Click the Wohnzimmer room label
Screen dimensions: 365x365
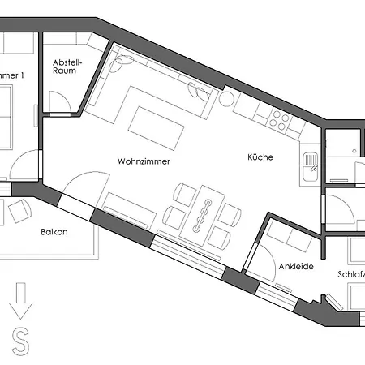(144, 161)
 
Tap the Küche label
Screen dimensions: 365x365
(260, 157)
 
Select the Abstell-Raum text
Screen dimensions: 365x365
(67, 67)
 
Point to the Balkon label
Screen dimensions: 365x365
(54, 232)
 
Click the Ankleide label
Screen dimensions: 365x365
(296, 267)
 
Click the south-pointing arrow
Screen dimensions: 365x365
(20, 301)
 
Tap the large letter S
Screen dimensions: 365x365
(21, 341)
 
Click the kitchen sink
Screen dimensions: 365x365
(310, 166)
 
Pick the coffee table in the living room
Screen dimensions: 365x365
(156, 128)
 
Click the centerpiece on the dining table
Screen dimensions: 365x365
(202, 216)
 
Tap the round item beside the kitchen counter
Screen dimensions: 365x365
(226, 99)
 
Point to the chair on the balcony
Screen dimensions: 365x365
(20, 211)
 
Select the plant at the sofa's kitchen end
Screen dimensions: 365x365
(199, 91)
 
